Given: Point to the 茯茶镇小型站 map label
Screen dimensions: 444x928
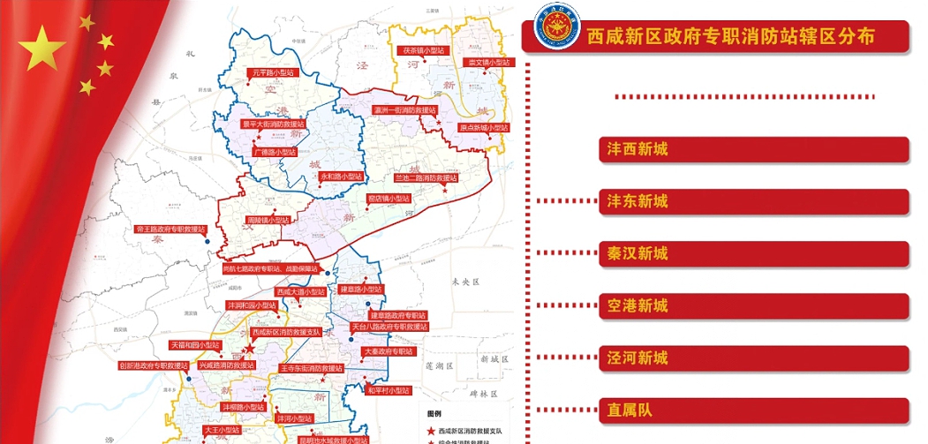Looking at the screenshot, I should coord(422,51).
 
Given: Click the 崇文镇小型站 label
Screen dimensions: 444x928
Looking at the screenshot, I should coord(487,63).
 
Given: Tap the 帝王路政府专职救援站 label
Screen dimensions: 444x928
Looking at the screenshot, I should coord(170,229).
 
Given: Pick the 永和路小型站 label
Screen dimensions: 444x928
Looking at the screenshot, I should coord(342,176).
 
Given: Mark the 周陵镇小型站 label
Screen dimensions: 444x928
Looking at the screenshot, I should coord(268,220).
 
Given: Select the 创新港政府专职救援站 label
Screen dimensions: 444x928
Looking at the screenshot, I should coord(154,365).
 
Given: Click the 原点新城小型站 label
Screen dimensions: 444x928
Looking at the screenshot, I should coord(484,128).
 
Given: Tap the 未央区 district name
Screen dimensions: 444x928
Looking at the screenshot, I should coord(464,282).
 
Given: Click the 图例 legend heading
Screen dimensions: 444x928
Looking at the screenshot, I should coord(434,413).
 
